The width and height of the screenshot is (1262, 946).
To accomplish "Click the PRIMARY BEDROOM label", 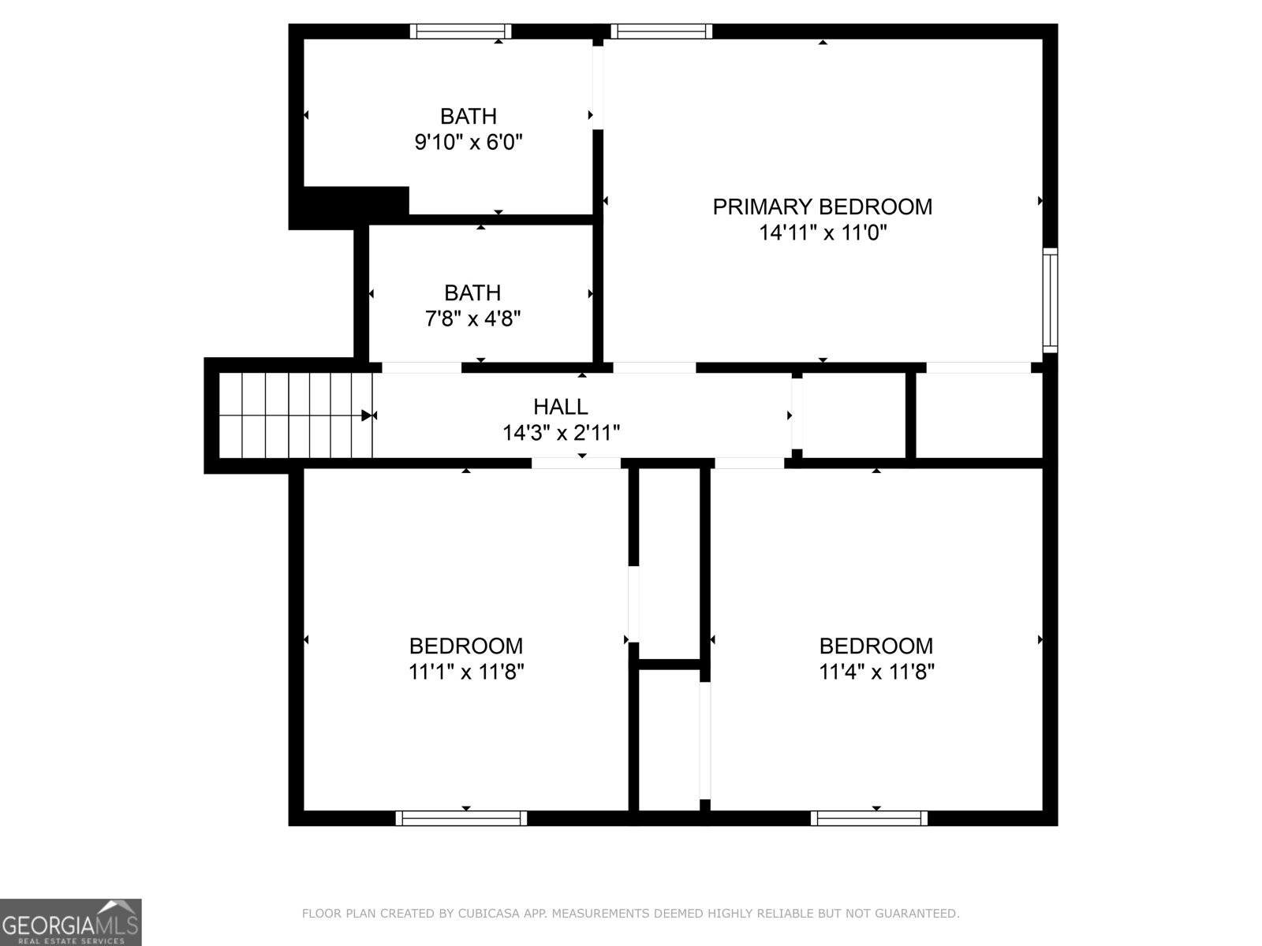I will tap(822, 207).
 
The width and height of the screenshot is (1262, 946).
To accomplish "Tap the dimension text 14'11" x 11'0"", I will tap(823, 233).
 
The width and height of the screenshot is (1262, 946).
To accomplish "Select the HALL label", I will tap(560, 407).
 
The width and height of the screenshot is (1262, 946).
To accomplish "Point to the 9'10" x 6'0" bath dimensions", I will tap(469, 143).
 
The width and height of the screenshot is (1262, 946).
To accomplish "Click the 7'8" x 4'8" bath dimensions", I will tap(472, 319).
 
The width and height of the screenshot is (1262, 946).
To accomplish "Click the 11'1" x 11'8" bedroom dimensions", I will tap(465, 672).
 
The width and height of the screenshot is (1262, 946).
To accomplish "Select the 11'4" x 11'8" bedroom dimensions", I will tap(876, 672).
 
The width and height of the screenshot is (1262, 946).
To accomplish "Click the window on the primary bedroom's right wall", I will tap(1049, 300).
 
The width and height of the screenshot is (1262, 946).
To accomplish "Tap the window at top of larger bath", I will tap(461, 32).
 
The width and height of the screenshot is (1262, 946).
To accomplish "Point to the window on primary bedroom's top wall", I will tap(661, 32).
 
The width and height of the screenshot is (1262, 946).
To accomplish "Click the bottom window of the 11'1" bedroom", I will tap(461, 818).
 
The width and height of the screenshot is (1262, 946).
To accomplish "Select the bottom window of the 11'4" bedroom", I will tap(869, 818).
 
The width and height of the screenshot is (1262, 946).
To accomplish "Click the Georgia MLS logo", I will tap(70, 922).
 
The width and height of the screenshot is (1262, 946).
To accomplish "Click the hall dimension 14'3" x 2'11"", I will tap(561, 433).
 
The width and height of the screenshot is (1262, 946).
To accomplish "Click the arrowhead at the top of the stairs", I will tap(367, 415).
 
